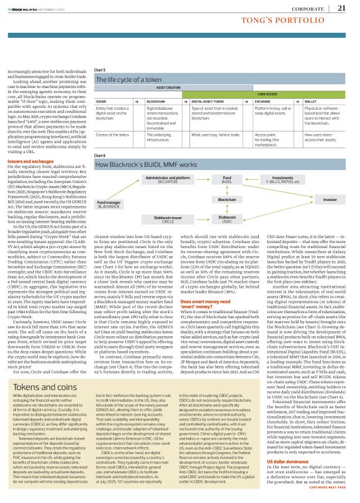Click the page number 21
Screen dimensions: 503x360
click(x=341, y=8)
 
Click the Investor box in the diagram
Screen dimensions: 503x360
click(x=330, y=200)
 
